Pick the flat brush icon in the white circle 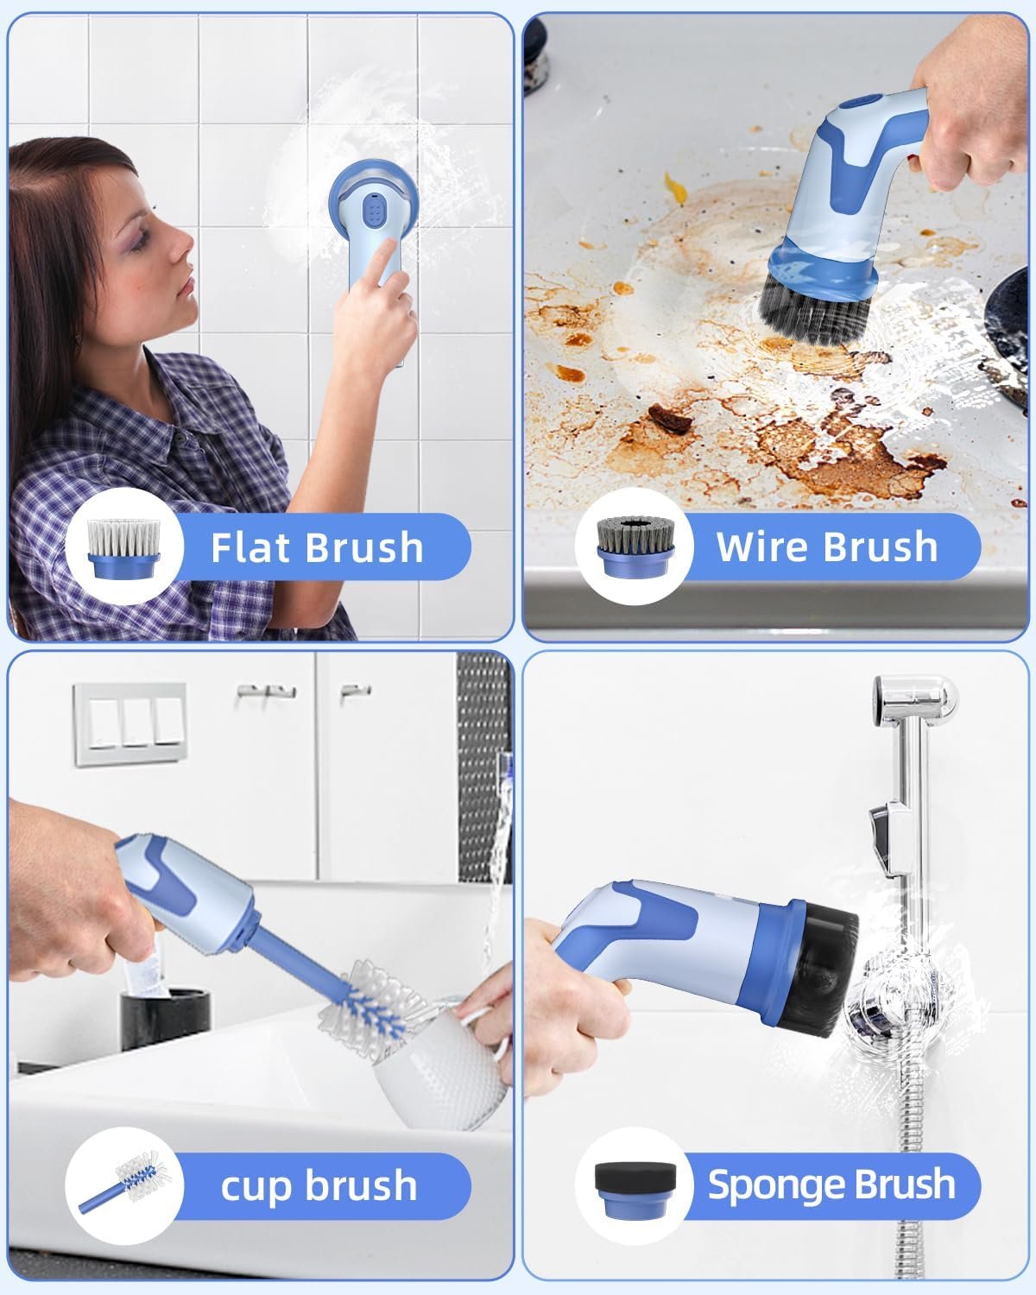pyautogui.click(x=124, y=548)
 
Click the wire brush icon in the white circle pyautogui.click(x=635, y=546)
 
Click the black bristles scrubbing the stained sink pyautogui.click(x=814, y=313)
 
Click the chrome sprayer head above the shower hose pyautogui.click(x=913, y=699)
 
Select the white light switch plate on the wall pyautogui.click(x=130, y=724)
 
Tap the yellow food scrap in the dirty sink pyautogui.click(x=675, y=187)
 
